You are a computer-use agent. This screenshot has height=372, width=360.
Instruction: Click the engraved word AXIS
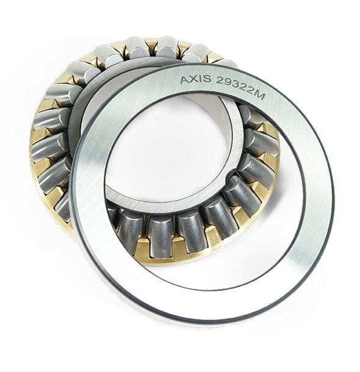[x=195, y=79]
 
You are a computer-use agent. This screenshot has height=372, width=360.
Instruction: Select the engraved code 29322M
[x=240, y=88]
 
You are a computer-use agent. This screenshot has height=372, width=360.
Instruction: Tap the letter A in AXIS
[x=184, y=80]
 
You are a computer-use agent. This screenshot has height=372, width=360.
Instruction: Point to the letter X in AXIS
[x=193, y=79]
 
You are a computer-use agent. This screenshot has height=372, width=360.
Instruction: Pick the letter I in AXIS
[x=200, y=79]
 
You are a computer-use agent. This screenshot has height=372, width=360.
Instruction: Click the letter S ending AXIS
[x=206, y=79]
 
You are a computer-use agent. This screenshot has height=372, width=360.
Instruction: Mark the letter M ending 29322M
[x=259, y=95]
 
